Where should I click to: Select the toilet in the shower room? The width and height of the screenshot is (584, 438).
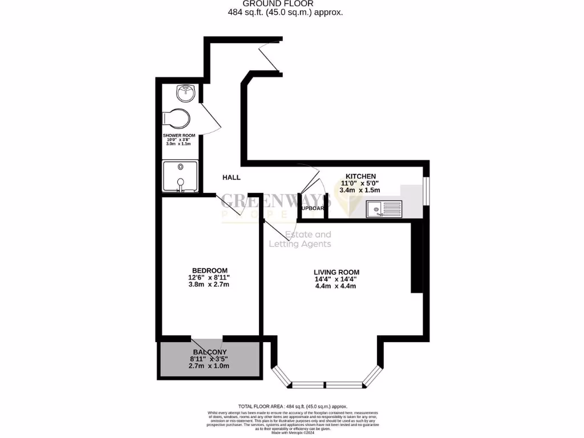click(x=176, y=118)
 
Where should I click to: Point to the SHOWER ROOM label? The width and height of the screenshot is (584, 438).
click(x=179, y=136)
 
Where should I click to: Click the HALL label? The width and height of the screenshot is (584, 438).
click(x=232, y=177)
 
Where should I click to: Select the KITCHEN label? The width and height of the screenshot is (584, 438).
click(x=360, y=176)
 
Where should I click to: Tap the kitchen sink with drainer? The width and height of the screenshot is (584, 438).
click(x=384, y=209)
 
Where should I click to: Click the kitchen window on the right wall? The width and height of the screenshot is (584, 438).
click(x=426, y=189)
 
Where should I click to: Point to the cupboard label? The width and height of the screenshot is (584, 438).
click(x=312, y=209)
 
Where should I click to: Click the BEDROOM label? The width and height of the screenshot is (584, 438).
click(x=210, y=270)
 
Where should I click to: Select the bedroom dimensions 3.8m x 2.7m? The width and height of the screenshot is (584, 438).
click(x=210, y=285)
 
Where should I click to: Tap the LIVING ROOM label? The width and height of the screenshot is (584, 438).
click(x=336, y=272)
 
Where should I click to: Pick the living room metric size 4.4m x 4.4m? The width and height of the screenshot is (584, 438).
click(x=336, y=286)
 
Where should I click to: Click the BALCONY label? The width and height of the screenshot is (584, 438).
click(x=209, y=352)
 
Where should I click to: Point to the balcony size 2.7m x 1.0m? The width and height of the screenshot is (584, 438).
click(x=209, y=366)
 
